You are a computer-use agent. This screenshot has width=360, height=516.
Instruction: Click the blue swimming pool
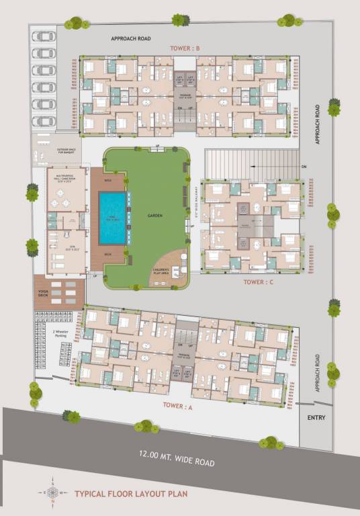(x=112, y=218)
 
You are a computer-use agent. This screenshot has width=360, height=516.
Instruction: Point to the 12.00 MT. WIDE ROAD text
(x=177, y=462)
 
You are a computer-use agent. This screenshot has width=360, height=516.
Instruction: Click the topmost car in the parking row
(x=44, y=36)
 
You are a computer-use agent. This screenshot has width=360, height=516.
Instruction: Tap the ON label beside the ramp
(x=304, y=166)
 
